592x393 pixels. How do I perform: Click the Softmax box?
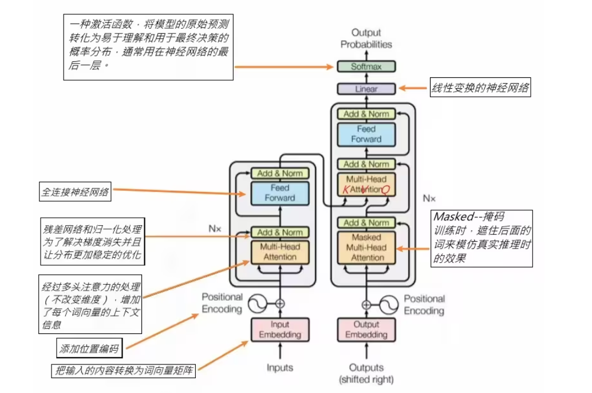pyautogui.click(x=366, y=66)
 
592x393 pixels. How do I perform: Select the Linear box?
pyautogui.click(x=366, y=89)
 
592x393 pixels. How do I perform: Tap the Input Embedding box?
pyautogui.click(x=280, y=329)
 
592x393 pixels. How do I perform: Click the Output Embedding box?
pyautogui.click(x=366, y=329)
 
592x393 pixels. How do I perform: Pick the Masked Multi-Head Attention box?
pyautogui.click(x=366, y=247)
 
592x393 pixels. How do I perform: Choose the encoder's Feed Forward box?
pyautogui.click(x=280, y=192)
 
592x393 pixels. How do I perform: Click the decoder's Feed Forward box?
pyautogui.click(x=366, y=134)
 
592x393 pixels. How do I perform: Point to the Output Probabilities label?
pyautogui.click(x=366, y=38)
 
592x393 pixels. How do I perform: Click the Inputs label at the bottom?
pyautogui.click(x=280, y=367)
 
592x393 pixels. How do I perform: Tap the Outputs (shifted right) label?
pyautogui.click(x=366, y=373)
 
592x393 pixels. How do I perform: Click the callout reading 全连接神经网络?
pyautogui.click(x=74, y=192)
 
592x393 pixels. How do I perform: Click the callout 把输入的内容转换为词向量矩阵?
pyautogui.click(x=124, y=371)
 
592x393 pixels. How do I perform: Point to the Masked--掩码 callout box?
pyautogui.click(x=482, y=238)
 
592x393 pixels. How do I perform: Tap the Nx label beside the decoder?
pyautogui.click(x=429, y=198)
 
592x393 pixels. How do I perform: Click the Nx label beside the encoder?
pyautogui.click(x=215, y=228)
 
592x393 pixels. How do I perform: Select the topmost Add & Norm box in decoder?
pyautogui.click(x=366, y=113)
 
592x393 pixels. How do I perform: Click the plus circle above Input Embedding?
pyautogui.click(x=280, y=304)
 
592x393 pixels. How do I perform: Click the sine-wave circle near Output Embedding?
pyautogui.click(x=389, y=304)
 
